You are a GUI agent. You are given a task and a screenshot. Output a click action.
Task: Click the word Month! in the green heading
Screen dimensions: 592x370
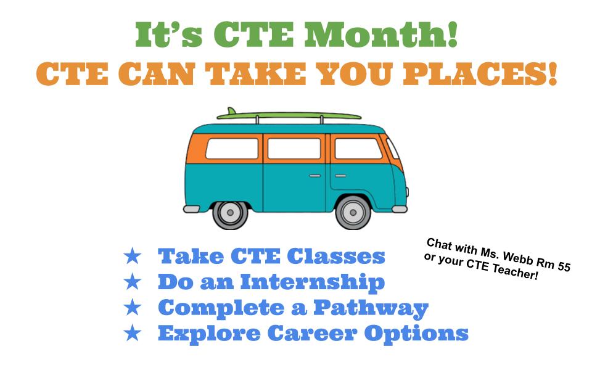(x=381, y=35)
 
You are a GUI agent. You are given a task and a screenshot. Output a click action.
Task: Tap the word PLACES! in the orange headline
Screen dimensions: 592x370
(x=480, y=74)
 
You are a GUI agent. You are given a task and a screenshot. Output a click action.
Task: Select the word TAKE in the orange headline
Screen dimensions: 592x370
(x=256, y=74)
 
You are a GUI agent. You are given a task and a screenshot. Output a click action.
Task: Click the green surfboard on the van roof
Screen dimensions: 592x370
(x=289, y=115)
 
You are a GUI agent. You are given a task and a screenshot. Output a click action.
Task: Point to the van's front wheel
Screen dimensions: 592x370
(x=353, y=213)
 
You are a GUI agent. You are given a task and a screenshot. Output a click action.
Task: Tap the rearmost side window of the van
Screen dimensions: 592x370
(x=232, y=149)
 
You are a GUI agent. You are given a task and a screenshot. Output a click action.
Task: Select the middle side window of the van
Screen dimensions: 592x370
(x=294, y=149)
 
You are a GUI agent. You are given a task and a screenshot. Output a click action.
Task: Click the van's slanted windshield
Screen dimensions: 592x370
(x=393, y=149)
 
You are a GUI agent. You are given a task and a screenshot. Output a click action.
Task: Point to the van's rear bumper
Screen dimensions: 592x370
(x=191, y=209)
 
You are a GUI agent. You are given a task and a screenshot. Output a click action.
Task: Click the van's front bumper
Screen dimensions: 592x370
(x=400, y=209)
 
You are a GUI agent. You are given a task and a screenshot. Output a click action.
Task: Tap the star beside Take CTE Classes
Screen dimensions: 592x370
(x=132, y=257)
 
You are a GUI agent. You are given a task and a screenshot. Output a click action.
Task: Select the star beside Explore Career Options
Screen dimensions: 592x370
(x=132, y=334)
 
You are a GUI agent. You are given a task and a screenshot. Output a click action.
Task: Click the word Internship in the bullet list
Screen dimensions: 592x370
(x=312, y=283)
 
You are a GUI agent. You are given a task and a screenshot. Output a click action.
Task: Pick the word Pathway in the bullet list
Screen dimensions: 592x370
(x=371, y=309)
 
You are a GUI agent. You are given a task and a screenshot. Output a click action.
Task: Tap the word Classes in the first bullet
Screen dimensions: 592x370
(x=336, y=257)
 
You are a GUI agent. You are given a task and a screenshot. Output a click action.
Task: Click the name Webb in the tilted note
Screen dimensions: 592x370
(x=517, y=258)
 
